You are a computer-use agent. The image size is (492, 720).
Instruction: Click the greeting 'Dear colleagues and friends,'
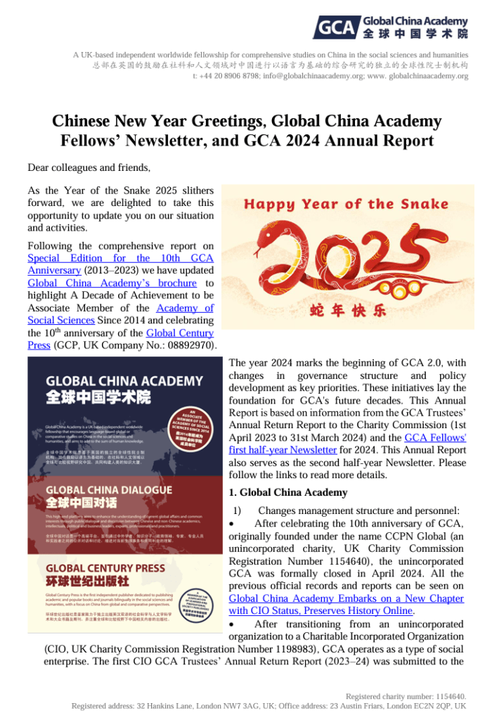coord(89,167)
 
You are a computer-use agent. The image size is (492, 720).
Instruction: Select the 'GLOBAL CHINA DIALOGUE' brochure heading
coord(108,489)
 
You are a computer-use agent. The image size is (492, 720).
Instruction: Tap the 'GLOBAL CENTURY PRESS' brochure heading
coord(106,568)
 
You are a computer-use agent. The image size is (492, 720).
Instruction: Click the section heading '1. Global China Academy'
coord(288,492)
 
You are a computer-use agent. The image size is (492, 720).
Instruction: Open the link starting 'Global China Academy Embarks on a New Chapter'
coord(347,598)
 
